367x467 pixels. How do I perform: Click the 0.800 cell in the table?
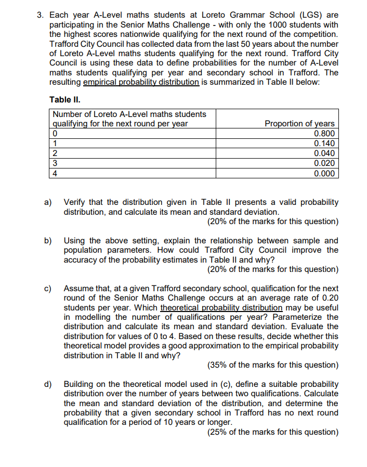tap(324, 133)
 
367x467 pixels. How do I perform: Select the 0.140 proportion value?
tap(324, 143)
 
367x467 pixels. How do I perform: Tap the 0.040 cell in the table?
tap(324, 153)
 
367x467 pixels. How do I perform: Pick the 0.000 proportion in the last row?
tap(324, 173)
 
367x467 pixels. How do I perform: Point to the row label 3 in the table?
tap(56, 163)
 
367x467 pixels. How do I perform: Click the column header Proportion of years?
tap(299, 123)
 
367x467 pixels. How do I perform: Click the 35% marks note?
tap(272, 365)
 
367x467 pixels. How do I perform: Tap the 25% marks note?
tap(272, 432)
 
